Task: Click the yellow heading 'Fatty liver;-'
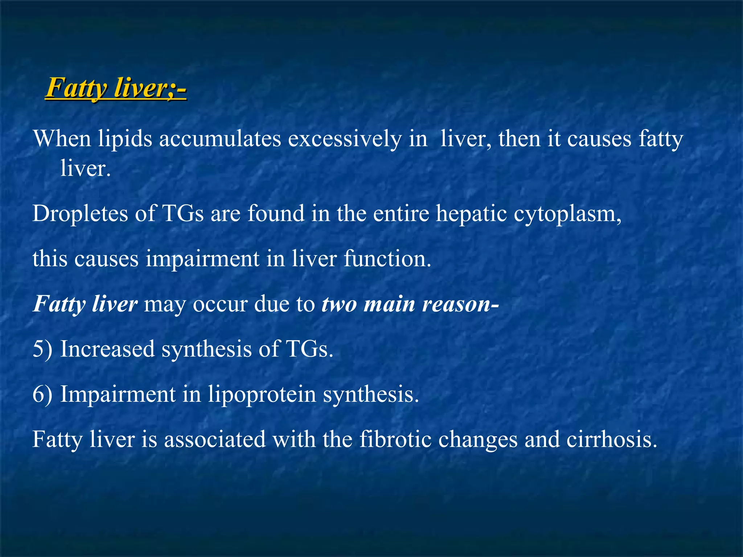tap(115, 88)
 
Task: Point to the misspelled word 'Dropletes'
tap(80, 213)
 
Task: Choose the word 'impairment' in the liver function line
tap(203, 259)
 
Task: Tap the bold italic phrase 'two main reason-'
tap(410, 304)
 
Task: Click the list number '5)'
tap(42, 349)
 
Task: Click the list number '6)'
tap(42, 394)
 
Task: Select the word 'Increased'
tap(107, 349)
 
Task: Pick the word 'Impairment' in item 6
tap(118, 394)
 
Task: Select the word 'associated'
tap(215, 439)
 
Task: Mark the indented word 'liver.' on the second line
tap(85, 169)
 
